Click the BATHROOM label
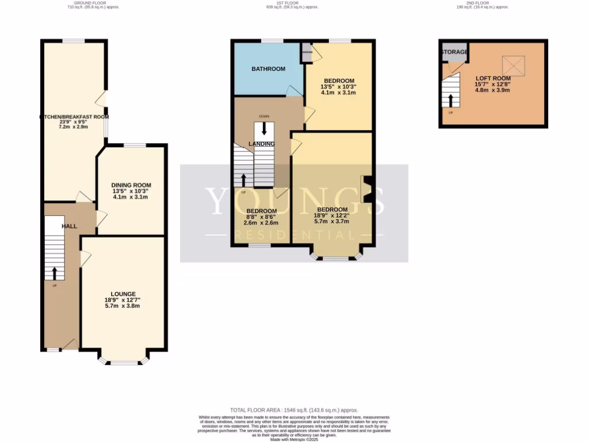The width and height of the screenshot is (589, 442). point(268,69)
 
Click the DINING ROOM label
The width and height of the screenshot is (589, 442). point(131,185)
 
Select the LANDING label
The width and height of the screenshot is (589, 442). point(262,143)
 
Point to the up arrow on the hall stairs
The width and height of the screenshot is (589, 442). point(55,272)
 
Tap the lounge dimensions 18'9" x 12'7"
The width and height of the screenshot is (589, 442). point(122,303)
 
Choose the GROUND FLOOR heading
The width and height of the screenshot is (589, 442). point(85,3)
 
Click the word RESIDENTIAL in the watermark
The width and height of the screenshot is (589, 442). point(294,235)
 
